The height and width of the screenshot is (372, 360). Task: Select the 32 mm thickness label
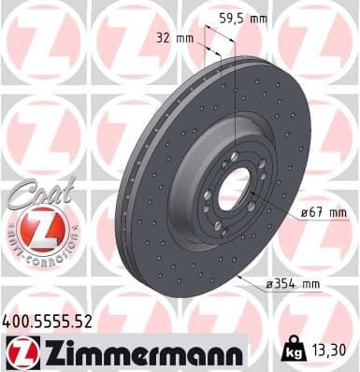click(x=178, y=38)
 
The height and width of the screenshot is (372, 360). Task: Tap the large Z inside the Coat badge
click(x=35, y=226)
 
